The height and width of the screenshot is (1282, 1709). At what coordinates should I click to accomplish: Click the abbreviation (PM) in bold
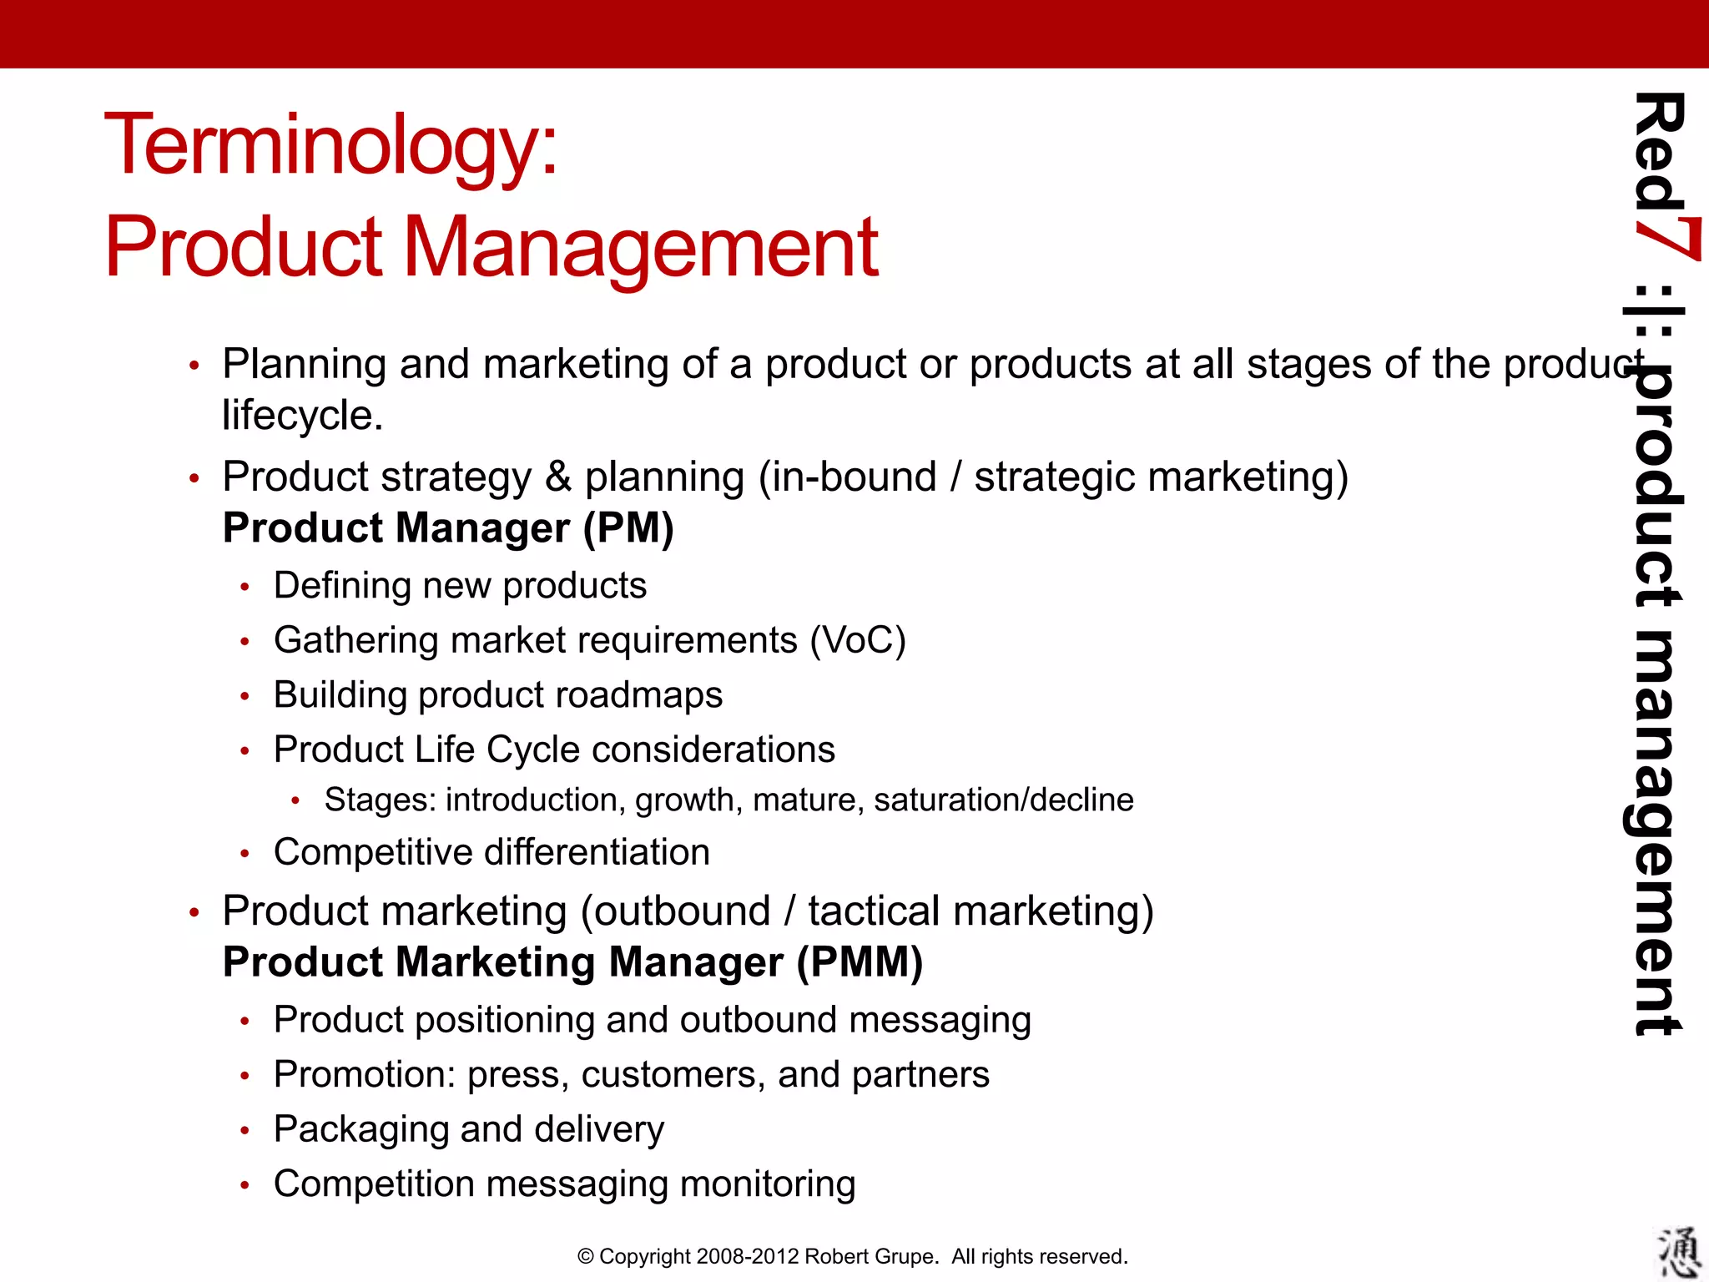point(628,528)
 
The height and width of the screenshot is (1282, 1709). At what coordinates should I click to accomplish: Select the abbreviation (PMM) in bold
point(860,962)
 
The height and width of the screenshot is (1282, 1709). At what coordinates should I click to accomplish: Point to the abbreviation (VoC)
point(857,641)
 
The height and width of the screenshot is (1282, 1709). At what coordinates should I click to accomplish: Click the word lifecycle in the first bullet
point(302,416)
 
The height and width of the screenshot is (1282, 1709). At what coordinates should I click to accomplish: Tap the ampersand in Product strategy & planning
point(558,477)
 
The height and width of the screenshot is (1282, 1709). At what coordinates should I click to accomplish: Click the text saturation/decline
point(1003,800)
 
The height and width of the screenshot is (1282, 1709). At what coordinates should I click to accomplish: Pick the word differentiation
point(597,853)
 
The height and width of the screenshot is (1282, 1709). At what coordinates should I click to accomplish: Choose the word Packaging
point(361,1130)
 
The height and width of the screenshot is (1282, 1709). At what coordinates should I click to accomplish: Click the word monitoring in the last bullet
point(767,1184)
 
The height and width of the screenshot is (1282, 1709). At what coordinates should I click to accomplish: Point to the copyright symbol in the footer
point(586,1257)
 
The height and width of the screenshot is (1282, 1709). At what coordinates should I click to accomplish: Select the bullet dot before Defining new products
point(245,588)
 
